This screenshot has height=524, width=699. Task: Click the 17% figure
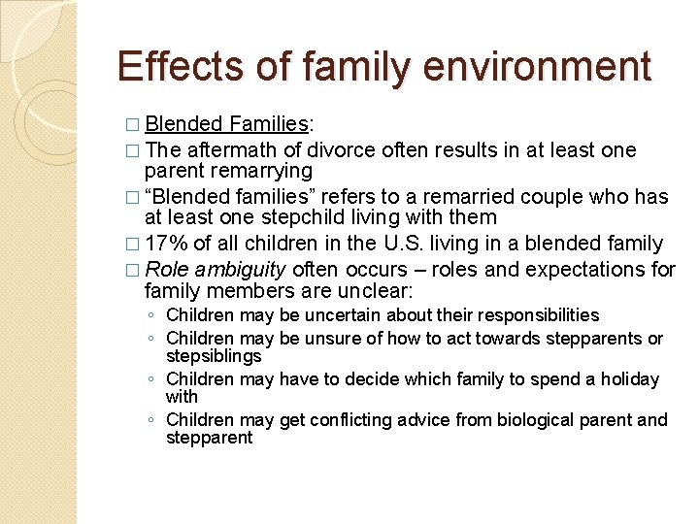166,244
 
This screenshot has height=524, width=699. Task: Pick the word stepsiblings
214,356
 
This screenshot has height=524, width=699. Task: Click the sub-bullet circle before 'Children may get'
151,421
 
